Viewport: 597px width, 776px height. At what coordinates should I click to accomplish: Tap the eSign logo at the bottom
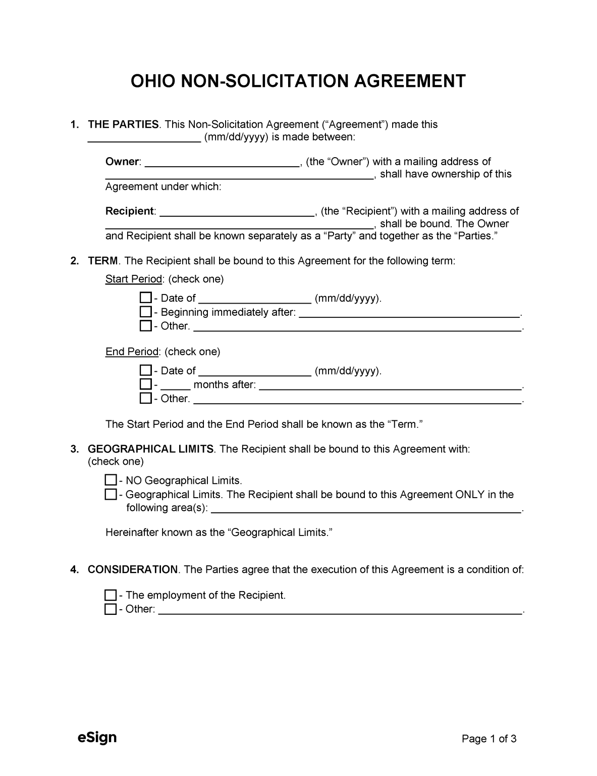tap(97, 737)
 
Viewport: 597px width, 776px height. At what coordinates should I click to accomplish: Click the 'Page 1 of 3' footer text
tap(489, 739)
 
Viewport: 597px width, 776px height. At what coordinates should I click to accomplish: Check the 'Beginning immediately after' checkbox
tap(145, 312)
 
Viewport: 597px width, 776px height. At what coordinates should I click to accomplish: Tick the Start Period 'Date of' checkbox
tap(145, 298)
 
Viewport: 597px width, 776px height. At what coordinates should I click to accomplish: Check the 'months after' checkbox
tap(145, 384)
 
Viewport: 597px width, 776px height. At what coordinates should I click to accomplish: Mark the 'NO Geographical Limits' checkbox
tap(111, 480)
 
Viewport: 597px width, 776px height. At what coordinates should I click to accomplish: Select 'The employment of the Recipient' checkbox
tap(111, 595)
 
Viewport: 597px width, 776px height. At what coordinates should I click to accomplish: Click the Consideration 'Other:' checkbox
tap(111, 609)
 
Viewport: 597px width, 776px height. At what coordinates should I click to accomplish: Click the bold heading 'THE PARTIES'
tap(123, 124)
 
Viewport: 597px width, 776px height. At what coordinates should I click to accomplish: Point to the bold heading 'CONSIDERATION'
tap(132, 569)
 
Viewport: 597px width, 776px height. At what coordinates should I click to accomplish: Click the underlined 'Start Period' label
tap(133, 279)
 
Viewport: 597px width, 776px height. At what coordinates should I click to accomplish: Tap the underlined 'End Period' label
tap(132, 351)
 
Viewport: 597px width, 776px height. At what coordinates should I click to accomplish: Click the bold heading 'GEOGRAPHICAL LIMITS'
tap(150, 449)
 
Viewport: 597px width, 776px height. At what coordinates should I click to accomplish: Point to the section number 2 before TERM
tap(74, 261)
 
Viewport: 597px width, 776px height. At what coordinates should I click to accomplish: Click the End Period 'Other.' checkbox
tap(145, 398)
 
